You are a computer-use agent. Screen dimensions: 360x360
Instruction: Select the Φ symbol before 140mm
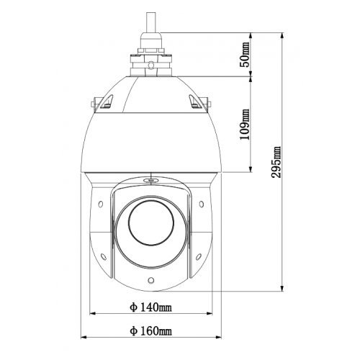point(134,308)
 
